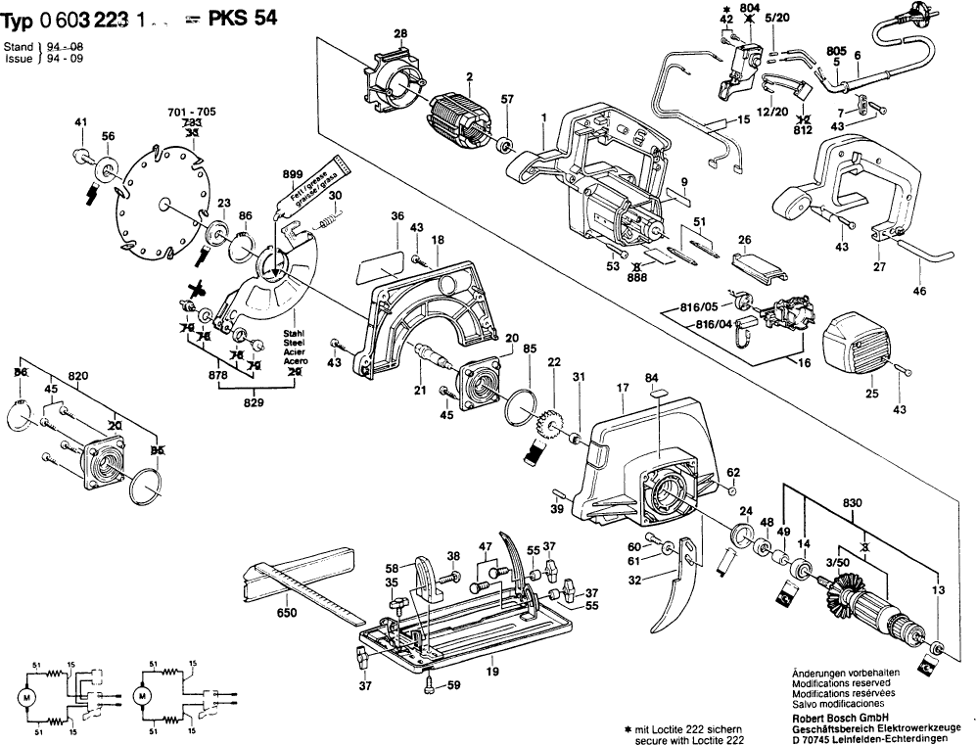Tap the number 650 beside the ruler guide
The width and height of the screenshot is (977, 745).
point(286,612)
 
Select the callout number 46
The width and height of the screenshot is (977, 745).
point(918,291)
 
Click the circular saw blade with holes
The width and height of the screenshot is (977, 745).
point(162,201)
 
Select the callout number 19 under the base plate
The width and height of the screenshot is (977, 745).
point(493,671)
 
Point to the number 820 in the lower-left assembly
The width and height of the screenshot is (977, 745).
point(78,374)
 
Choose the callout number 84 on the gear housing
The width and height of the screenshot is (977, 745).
point(653,377)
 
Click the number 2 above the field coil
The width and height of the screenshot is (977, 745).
point(470,76)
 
